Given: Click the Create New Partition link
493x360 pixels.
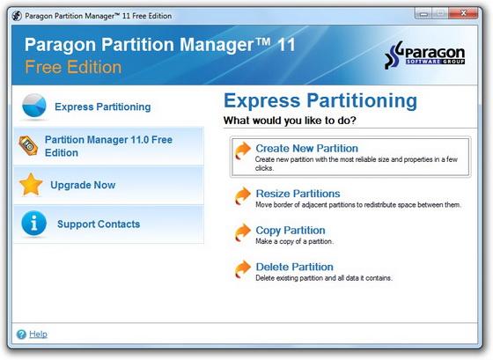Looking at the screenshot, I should (306, 149).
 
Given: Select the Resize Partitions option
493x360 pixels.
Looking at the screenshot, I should (298, 194).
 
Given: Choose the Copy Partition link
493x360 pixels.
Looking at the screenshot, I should (291, 231).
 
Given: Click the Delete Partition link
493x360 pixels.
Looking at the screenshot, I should (294, 267).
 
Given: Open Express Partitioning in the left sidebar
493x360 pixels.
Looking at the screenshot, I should (102, 107).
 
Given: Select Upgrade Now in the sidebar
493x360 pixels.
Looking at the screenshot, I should (83, 185).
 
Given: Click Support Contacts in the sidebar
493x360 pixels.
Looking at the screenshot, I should (98, 224).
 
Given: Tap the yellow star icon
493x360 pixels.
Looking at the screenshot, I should (32, 185).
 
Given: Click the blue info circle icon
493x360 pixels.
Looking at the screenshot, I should (33, 224).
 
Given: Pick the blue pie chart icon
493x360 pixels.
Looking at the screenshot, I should (33, 106).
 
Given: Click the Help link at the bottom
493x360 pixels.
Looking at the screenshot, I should (38, 334).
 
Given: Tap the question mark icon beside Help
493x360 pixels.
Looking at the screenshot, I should (21, 334).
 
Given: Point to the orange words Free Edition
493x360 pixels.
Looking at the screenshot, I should (73, 67).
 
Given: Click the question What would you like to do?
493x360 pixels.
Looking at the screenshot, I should (295, 120).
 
